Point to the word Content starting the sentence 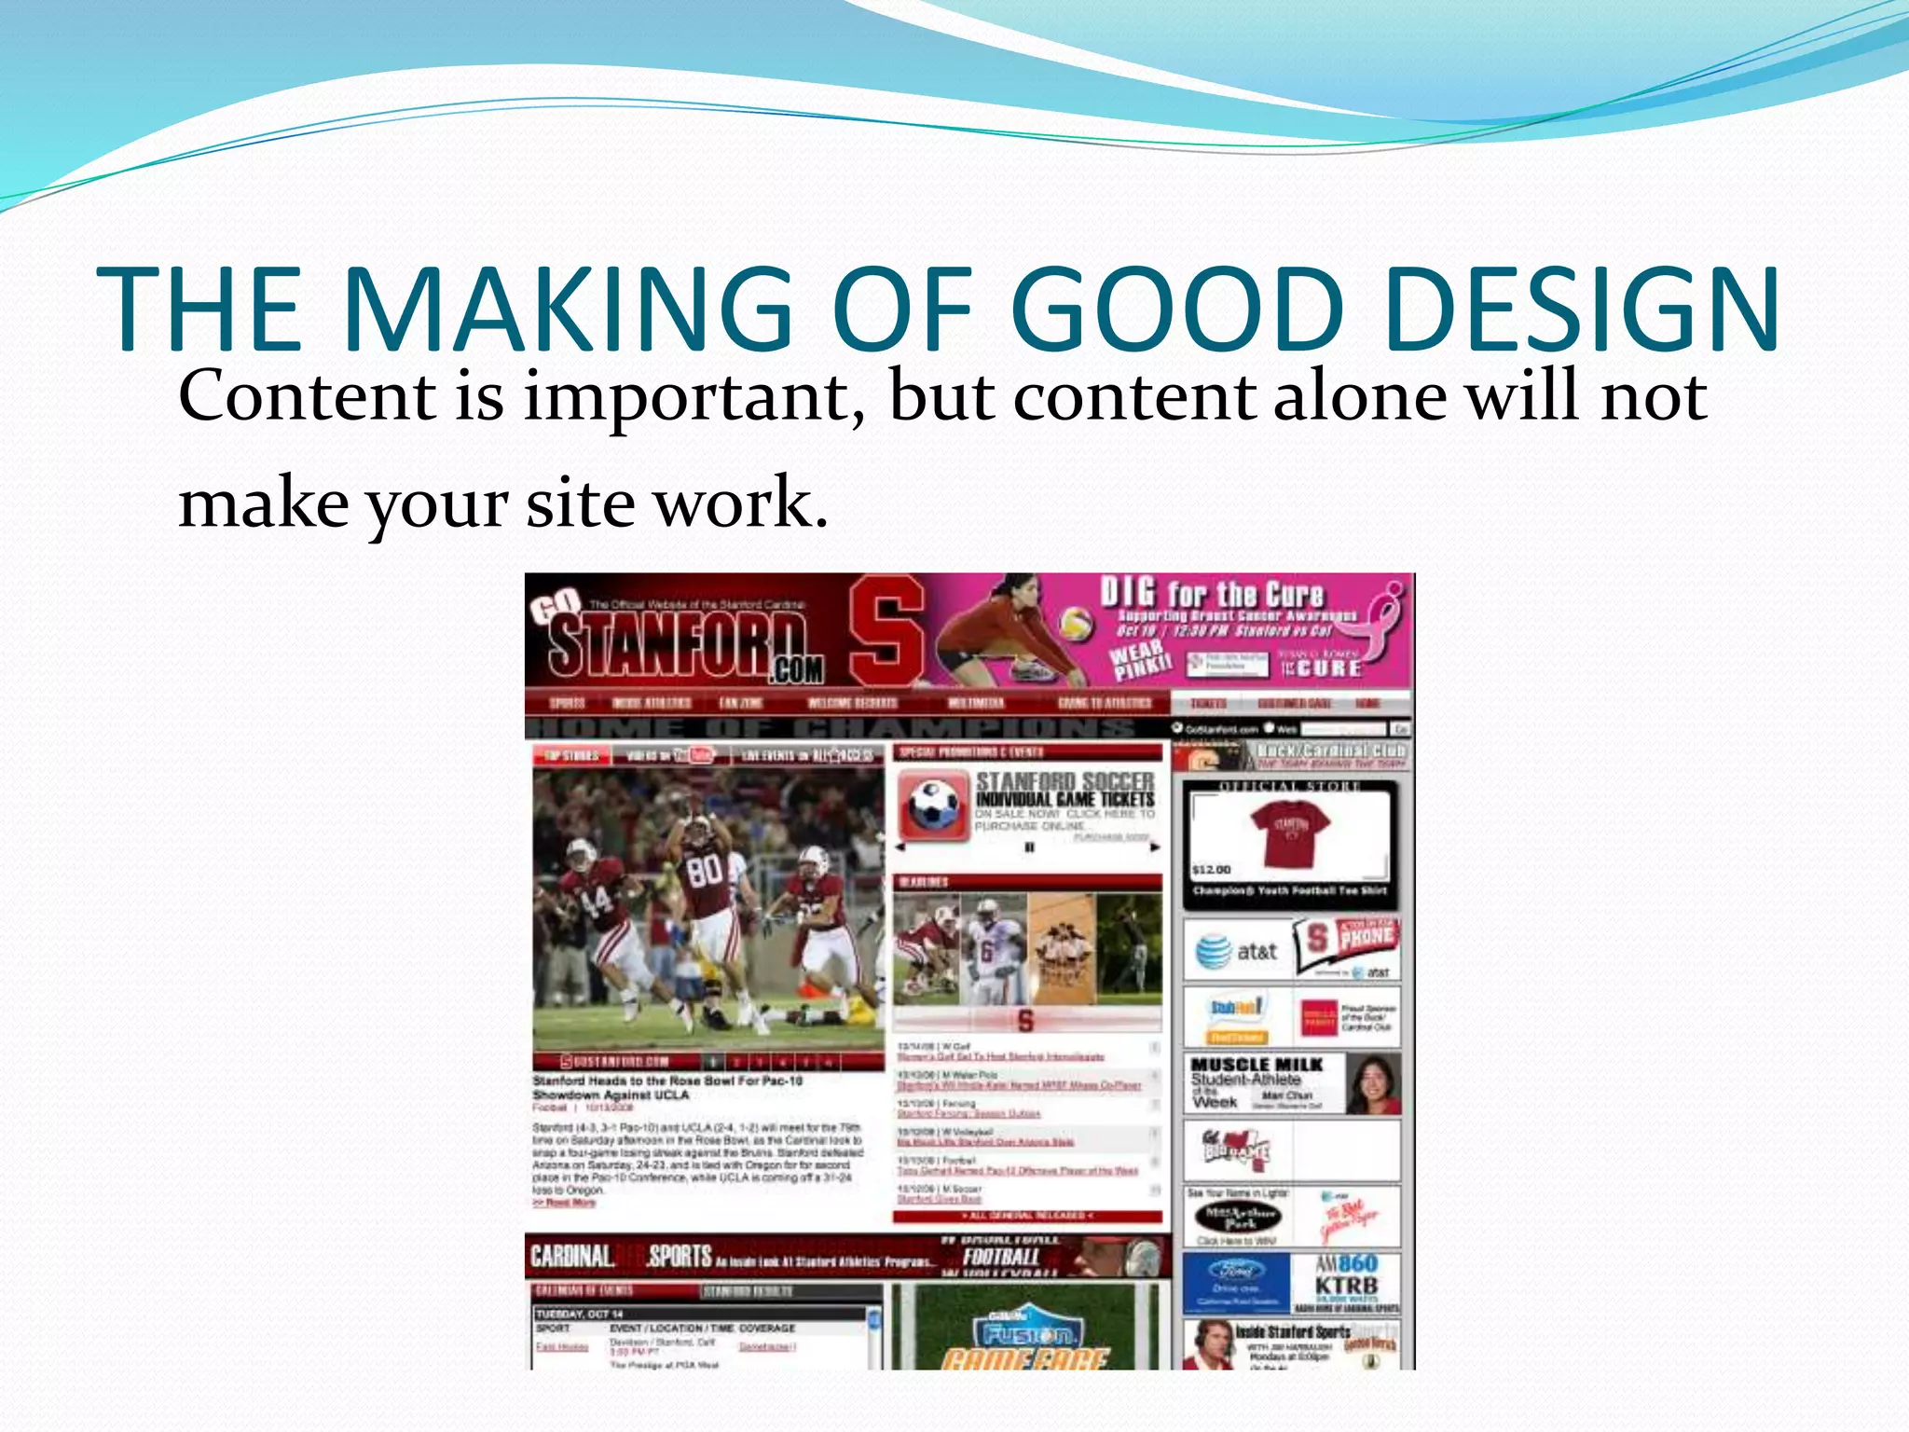pyautogui.click(x=307, y=396)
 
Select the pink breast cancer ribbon pyautogui.click(x=1386, y=615)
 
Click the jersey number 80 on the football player pyautogui.click(x=705, y=871)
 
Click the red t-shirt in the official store pyautogui.click(x=1289, y=833)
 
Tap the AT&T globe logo pyautogui.click(x=1213, y=951)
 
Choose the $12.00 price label pyautogui.click(x=1212, y=870)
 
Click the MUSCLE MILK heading pyautogui.click(x=1257, y=1065)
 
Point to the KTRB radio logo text pyautogui.click(x=1345, y=1287)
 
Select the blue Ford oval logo pyautogui.click(x=1235, y=1270)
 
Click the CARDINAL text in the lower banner pyautogui.click(x=571, y=1257)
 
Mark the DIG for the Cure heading pyautogui.click(x=1211, y=594)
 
